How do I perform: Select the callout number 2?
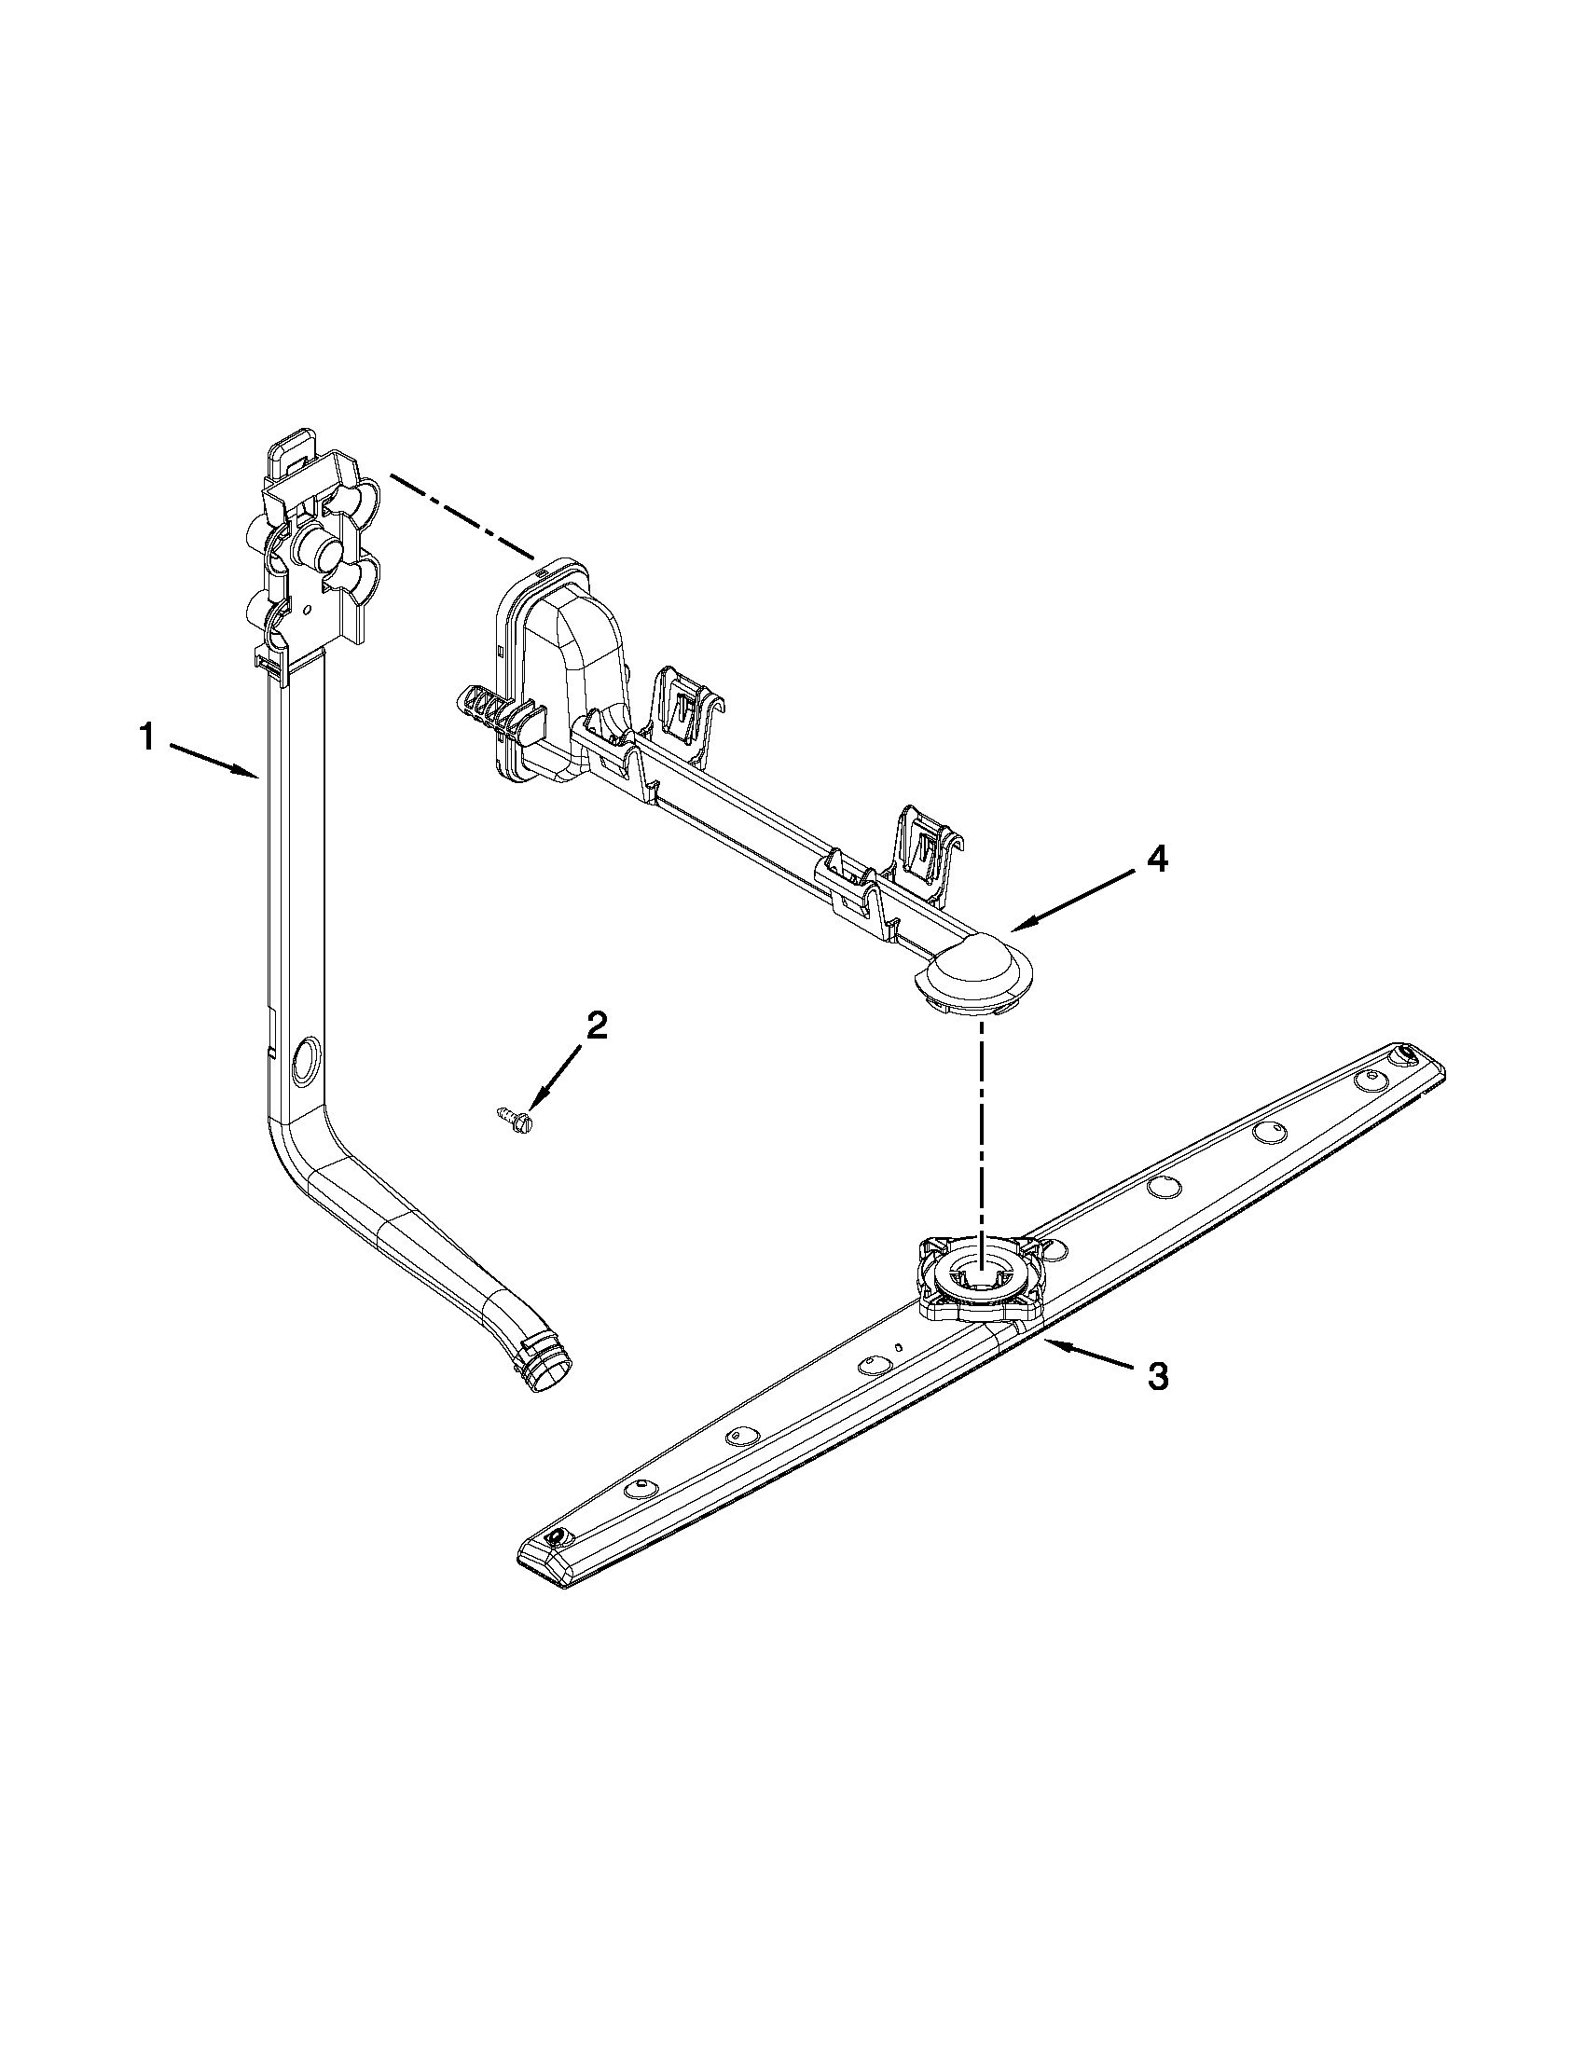[596, 1025]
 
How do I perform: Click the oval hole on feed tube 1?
[307, 1060]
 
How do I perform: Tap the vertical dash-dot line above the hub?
[982, 1127]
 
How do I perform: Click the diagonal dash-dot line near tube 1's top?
[462, 518]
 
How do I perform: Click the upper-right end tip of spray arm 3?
[1413, 1055]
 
